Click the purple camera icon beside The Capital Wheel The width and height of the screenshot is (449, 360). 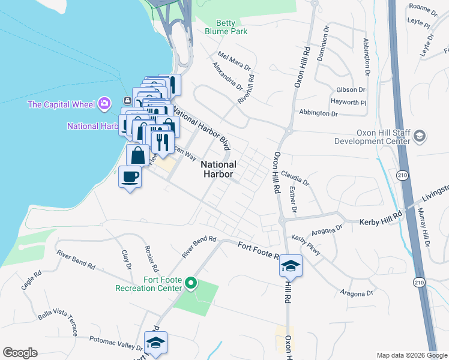(x=105, y=103)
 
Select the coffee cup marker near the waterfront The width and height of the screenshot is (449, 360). (x=130, y=178)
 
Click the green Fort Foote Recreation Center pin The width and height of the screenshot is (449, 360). (x=191, y=283)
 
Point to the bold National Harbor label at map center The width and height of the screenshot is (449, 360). (x=218, y=170)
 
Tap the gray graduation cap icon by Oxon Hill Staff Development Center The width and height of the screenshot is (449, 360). (x=419, y=137)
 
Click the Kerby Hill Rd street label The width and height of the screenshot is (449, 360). (x=381, y=222)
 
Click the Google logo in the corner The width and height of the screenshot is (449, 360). (x=20, y=353)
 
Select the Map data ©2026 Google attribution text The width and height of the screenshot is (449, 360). (x=411, y=355)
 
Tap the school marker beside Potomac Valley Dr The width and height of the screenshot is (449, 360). (x=156, y=343)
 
